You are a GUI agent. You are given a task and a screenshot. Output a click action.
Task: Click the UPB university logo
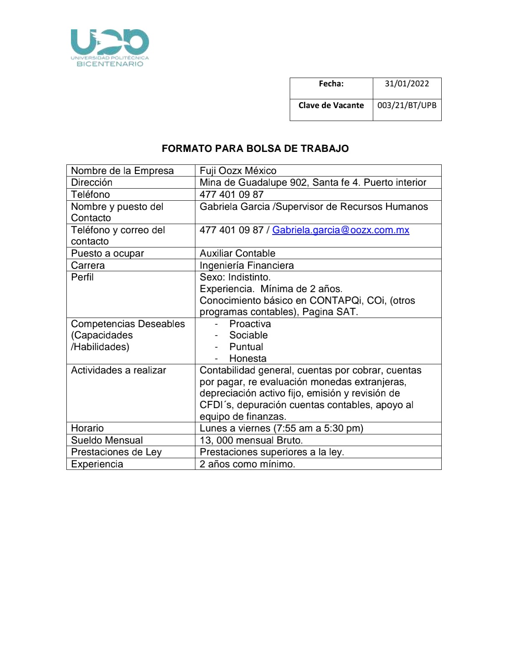pos(110,48)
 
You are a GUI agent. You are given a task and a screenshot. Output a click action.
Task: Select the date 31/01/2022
pos(407,83)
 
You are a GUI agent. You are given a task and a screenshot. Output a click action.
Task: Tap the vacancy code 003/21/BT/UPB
pos(407,105)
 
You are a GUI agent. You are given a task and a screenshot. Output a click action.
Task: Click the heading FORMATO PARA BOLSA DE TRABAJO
pos(255,149)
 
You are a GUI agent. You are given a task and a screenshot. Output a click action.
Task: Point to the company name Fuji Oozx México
pos(238,171)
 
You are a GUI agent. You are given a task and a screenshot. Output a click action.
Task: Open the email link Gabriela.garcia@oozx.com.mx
pos(341,230)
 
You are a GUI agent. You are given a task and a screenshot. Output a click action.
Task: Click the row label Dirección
pos(92,182)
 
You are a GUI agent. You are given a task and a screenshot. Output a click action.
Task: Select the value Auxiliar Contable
pos(238,253)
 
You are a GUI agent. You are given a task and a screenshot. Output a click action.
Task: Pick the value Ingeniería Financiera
pos(247,265)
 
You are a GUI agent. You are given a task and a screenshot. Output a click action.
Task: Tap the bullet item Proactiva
pos(250,324)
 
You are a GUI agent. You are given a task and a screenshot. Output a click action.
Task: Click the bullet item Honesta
pos(248,358)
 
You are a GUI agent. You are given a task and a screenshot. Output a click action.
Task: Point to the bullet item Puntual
pos(246,347)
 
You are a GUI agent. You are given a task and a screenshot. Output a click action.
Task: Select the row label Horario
pos(87,428)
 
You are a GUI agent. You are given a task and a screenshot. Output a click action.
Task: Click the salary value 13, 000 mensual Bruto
pos(251,440)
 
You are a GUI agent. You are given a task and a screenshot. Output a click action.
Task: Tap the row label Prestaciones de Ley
pos(116,452)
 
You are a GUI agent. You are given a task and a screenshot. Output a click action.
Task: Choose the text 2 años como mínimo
pos(247,464)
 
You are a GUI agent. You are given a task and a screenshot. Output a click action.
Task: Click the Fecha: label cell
pos(331,83)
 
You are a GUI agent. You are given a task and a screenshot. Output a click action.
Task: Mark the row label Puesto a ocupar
pos(107,253)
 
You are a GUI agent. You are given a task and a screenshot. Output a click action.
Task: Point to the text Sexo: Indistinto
pos(235,277)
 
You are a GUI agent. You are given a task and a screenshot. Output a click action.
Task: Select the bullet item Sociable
pos(248,335)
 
